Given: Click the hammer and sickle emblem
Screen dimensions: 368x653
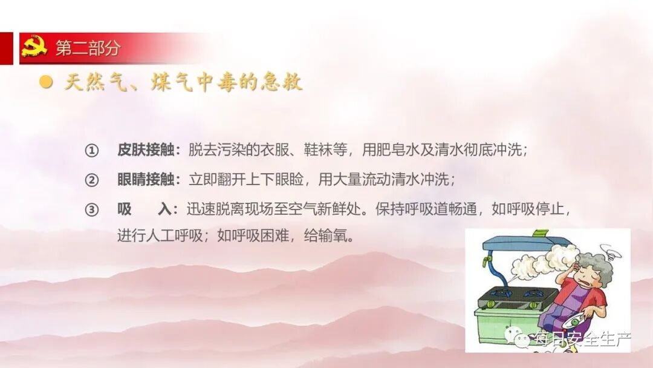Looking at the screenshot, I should click(x=34, y=47).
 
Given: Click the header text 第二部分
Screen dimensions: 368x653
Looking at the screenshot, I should click(x=88, y=48).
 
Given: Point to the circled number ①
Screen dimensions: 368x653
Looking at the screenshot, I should click(x=91, y=151).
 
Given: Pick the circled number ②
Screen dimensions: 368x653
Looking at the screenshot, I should click(x=91, y=180).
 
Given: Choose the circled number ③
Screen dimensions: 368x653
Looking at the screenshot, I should click(x=91, y=210).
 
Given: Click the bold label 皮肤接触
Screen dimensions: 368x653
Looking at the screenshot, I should click(x=145, y=151).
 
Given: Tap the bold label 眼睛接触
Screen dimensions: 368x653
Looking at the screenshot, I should click(x=145, y=180).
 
